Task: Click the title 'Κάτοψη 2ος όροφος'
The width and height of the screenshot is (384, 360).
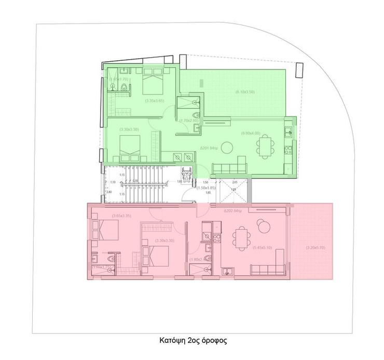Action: tap(193, 341)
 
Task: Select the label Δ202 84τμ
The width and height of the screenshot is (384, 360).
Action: tap(234, 211)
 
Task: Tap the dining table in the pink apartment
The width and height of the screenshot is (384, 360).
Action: tap(240, 239)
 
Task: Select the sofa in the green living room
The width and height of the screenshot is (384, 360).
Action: tap(229, 167)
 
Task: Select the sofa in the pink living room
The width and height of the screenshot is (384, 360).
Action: tap(267, 269)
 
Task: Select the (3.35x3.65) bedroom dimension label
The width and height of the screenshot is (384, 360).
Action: tap(155, 100)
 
